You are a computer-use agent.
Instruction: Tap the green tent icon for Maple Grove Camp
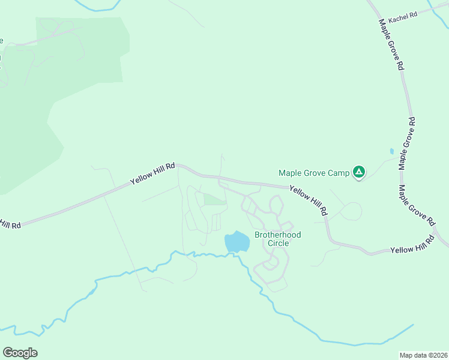tap(358, 173)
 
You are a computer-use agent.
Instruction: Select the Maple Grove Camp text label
tap(314, 173)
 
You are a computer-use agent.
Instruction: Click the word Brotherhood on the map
tap(278, 235)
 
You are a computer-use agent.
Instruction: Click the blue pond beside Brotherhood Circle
tap(237, 242)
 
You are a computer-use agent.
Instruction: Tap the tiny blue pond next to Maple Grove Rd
tap(392, 151)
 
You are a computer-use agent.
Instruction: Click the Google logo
tap(20, 352)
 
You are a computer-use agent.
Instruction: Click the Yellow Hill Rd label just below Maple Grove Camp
tap(309, 200)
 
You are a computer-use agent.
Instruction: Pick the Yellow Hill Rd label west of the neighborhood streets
tap(153, 174)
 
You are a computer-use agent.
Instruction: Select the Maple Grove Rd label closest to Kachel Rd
tap(391, 45)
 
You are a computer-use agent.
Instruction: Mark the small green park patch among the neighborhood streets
tap(214, 199)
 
